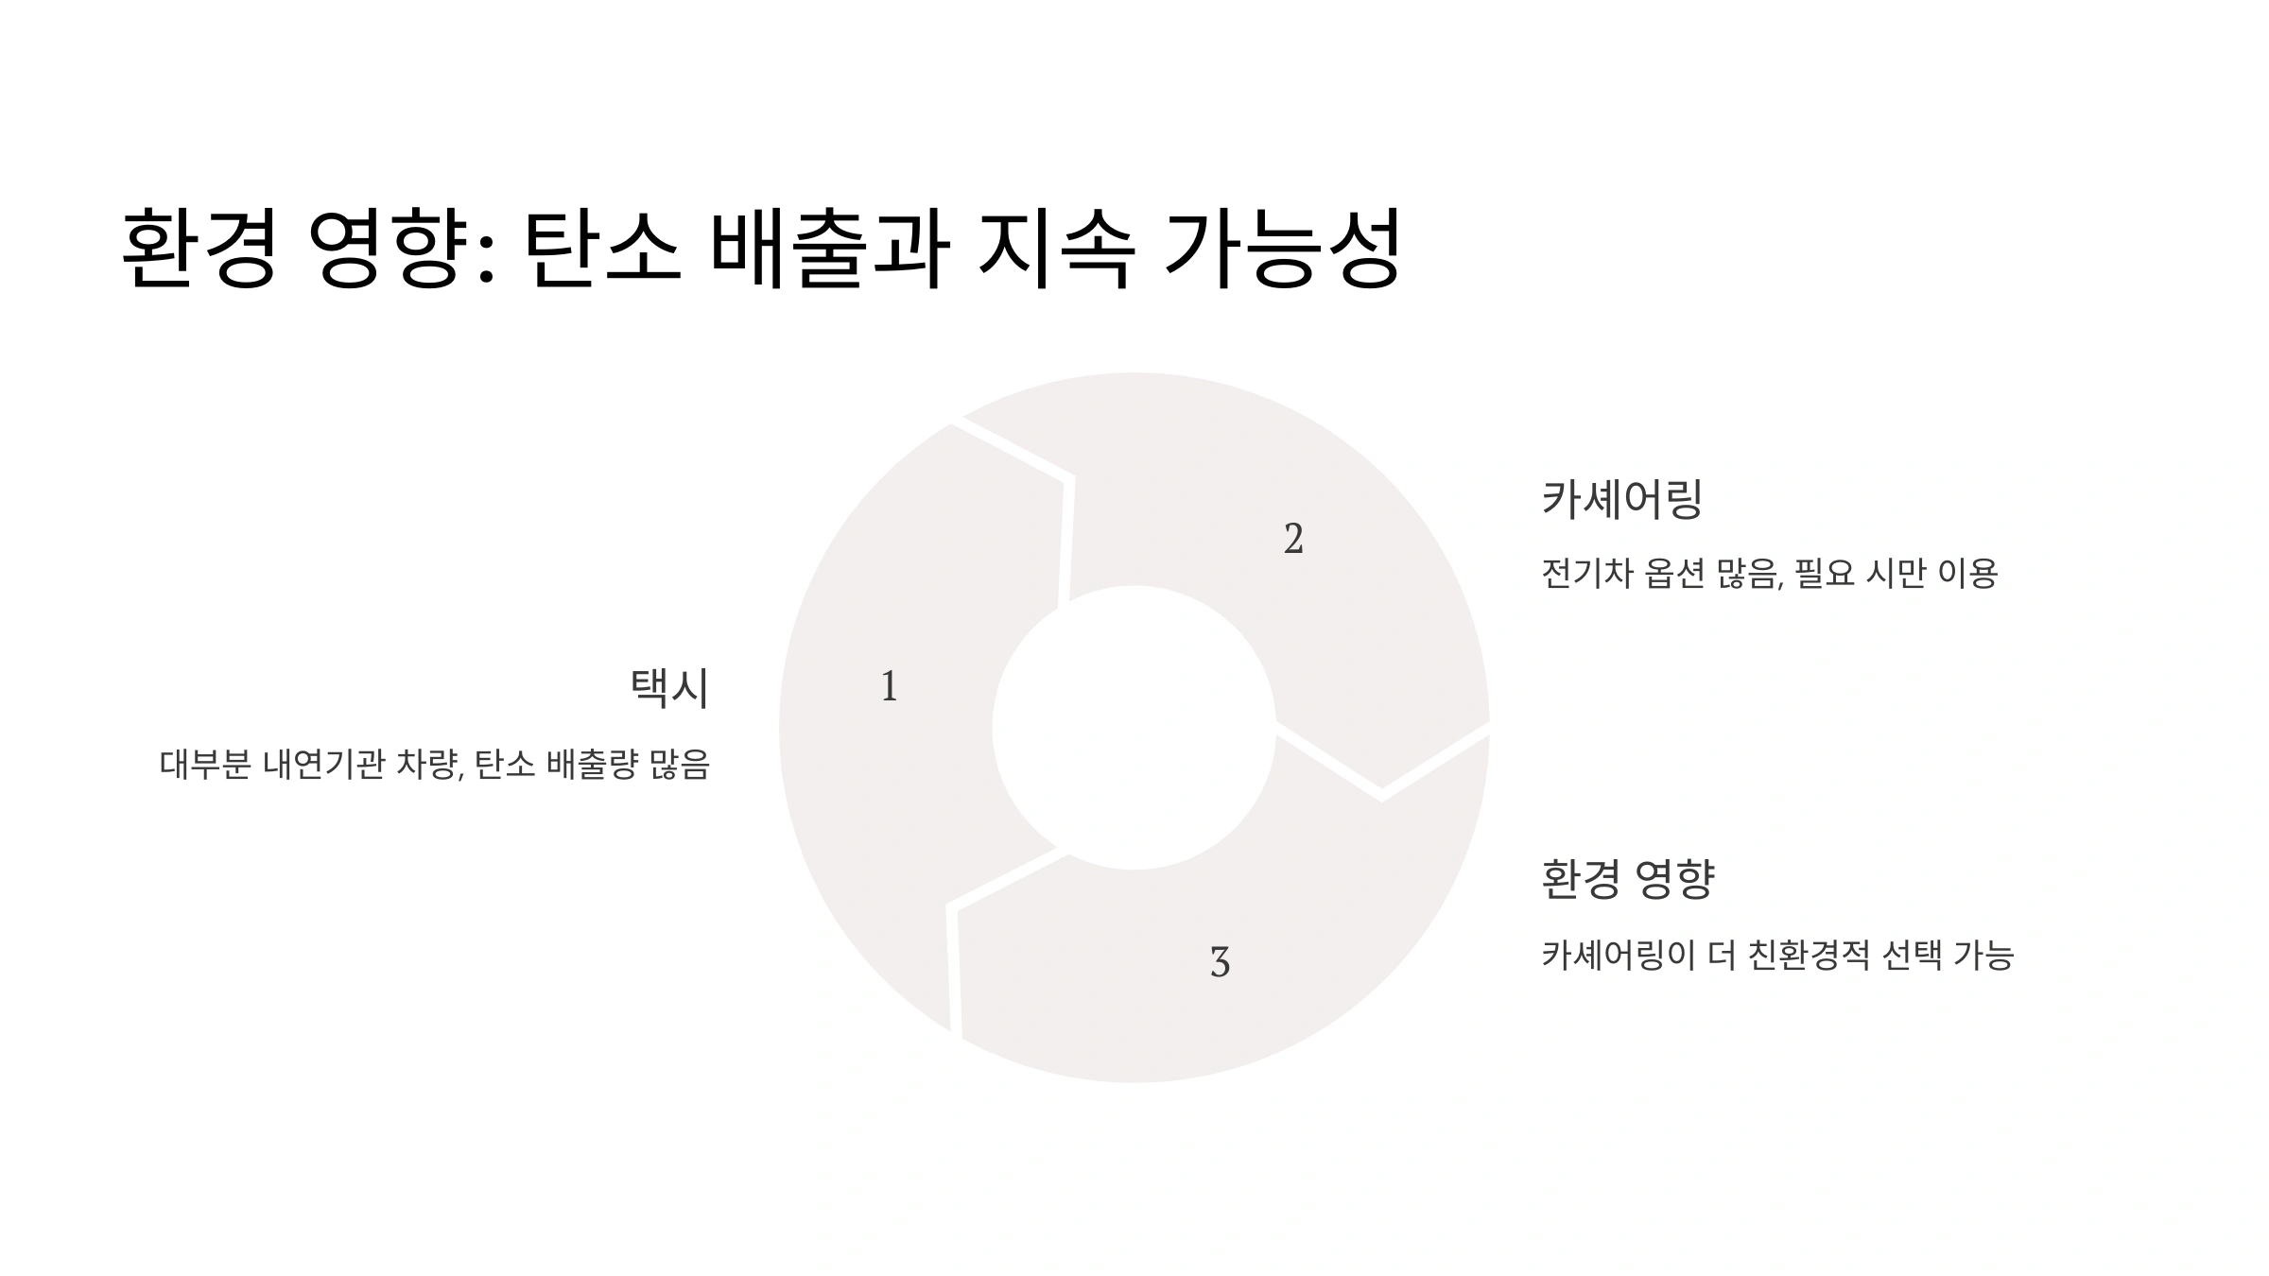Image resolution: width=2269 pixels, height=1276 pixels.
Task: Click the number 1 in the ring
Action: coord(889,686)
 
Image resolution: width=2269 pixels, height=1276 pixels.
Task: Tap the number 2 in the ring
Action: coord(1293,539)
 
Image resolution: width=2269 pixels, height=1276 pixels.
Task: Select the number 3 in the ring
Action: coord(1220,962)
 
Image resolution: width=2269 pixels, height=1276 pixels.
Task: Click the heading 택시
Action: coord(669,687)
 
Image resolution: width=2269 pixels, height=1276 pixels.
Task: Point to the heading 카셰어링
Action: coord(1621,499)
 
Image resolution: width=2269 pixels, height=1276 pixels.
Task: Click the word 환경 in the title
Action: coord(199,249)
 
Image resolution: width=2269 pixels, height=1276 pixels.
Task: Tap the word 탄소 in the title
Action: coord(601,249)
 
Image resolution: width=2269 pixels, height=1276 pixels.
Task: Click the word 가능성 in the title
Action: coord(1282,249)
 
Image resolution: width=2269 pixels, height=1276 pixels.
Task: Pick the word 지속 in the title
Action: coord(1056,249)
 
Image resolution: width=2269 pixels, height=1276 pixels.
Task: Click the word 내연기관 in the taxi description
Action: coord(324,764)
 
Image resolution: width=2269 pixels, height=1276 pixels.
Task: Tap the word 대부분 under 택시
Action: coord(205,764)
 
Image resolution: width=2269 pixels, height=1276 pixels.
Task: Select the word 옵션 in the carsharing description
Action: coord(1673,573)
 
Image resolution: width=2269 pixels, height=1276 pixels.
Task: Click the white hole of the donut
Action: coord(1134,728)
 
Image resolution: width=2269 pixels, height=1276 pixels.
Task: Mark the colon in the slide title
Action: coord(486,255)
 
